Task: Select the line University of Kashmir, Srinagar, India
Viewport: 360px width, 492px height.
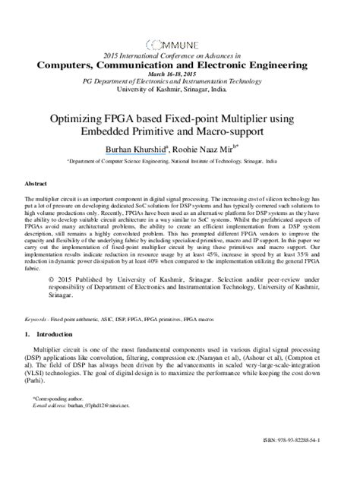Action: tap(180, 88)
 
